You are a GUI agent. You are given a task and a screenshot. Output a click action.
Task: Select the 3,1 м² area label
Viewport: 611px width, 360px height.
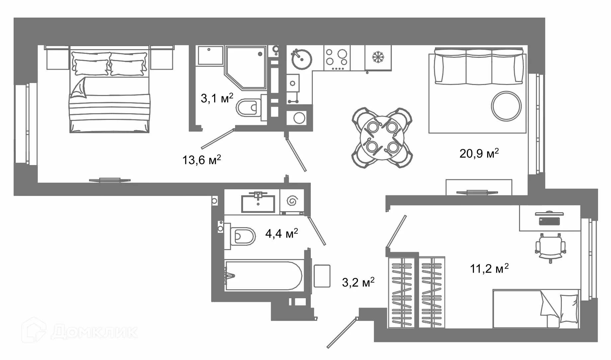(217, 98)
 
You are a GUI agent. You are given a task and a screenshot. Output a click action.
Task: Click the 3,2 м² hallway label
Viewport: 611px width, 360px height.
(358, 282)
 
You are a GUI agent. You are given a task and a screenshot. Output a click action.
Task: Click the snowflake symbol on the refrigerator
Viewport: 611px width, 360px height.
(378, 57)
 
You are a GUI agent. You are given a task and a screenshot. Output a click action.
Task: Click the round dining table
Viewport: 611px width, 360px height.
(382, 137)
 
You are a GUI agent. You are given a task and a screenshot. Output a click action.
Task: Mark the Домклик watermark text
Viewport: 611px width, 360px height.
(95, 332)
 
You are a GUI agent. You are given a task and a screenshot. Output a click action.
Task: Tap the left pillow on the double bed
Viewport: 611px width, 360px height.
(90, 67)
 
